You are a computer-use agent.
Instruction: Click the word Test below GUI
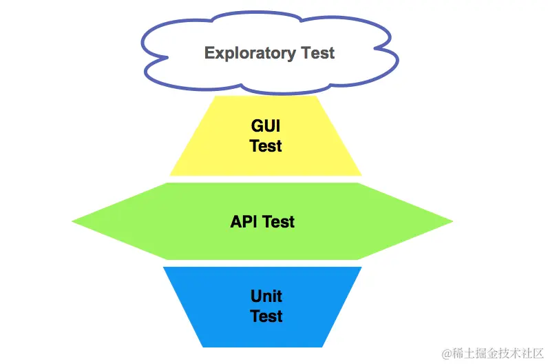pos(266,146)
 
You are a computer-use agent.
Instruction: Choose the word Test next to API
pos(280,222)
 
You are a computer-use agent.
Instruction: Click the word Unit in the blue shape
pos(266,297)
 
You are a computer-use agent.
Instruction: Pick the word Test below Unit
pos(266,316)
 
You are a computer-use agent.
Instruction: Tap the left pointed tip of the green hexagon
pos(73,221)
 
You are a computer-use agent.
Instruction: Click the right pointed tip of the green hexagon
pos(452,221)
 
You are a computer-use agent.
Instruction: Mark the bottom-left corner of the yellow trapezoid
pos(171,175)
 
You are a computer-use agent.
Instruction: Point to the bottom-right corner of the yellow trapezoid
pos(361,175)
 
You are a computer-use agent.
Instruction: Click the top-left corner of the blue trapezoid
pos(164,267)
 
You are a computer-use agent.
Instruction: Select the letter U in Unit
pos(255,297)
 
